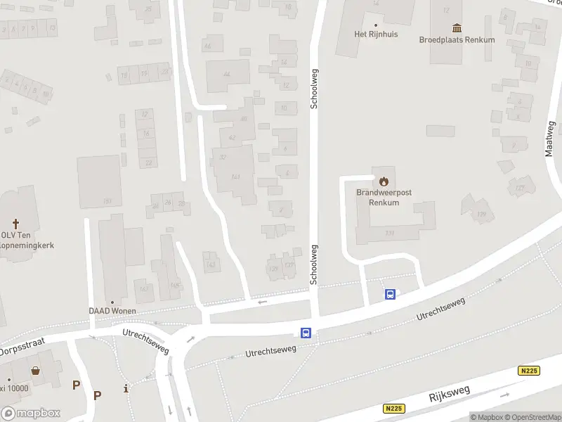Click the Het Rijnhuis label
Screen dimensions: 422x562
coord(376,34)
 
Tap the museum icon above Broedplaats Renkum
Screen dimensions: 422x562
coord(457,28)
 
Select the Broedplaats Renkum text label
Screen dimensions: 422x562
coord(457,40)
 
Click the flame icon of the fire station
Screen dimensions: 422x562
coord(383,181)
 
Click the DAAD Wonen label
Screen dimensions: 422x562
coord(112,311)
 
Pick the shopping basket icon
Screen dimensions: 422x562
coord(34,371)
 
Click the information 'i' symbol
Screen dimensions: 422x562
coord(126,388)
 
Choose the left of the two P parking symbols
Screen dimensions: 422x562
coord(76,385)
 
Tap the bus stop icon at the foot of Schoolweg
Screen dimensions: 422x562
coord(306,333)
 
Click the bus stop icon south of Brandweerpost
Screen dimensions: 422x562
coord(390,294)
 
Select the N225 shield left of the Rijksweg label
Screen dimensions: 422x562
coord(393,408)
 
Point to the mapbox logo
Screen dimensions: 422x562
coord(31,414)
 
